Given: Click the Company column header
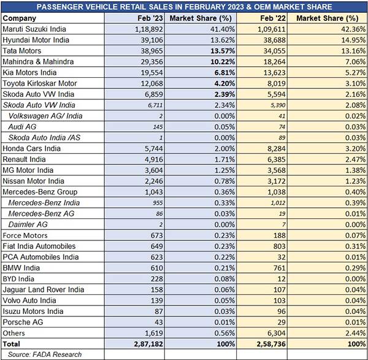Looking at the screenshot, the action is pyautogui.click(x=20, y=18).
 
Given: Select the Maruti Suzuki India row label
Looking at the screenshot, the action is pyautogui.click(x=34, y=29).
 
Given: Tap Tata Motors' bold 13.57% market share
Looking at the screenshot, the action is pyautogui.click(x=223, y=51).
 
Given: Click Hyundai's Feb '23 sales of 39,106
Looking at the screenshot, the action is pyautogui.click(x=151, y=40).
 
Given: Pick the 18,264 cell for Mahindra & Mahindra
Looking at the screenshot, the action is pyautogui.click(x=274, y=62).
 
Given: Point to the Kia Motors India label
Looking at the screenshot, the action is pyautogui.click(x=29, y=72).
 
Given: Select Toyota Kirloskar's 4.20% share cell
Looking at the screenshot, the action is pyautogui.click(x=224, y=83).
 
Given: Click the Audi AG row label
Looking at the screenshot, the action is pyautogui.click(x=22, y=127).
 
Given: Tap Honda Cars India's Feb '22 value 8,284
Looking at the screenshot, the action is pyautogui.click(x=277, y=148).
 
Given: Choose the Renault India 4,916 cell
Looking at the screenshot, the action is pyautogui.click(x=153, y=159).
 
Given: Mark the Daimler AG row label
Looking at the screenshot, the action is pyautogui.click(x=28, y=224).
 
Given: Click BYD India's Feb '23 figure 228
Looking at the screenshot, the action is pyautogui.click(x=157, y=279).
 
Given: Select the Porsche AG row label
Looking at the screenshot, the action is pyautogui.click(x=23, y=322).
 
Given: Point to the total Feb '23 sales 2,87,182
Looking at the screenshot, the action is pyautogui.click(x=148, y=344).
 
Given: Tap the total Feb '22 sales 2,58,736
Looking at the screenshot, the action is pyautogui.click(x=271, y=344).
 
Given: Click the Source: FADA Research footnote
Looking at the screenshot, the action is pyautogui.click(x=45, y=354).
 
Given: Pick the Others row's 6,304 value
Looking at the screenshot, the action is pyautogui.click(x=277, y=333).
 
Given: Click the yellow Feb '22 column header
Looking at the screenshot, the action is pyautogui.click(x=273, y=18).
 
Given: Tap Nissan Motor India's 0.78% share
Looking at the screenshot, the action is pyautogui.click(x=224, y=181).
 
